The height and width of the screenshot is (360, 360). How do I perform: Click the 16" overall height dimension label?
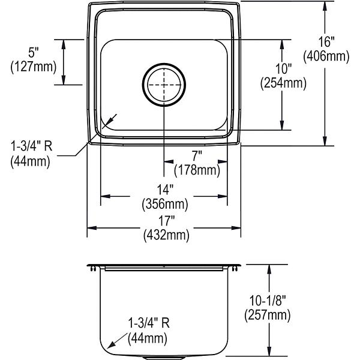[326, 42]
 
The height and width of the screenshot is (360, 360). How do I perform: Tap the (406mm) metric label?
[326, 56]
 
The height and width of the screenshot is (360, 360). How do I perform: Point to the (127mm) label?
[33, 67]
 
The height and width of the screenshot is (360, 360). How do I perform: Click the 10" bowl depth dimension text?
[283, 68]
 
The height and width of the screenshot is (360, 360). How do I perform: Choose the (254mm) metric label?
[283, 83]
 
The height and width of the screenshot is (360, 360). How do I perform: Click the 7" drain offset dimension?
[197, 156]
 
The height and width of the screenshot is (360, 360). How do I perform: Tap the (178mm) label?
[197, 170]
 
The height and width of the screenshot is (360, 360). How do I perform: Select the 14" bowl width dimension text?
[165, 190]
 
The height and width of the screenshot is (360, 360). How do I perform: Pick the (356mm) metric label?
[165, 204]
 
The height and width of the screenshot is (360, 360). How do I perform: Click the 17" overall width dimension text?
[166, 221]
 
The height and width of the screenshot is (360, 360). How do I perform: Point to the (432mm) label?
[166, 235]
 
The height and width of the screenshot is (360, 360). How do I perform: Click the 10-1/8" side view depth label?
[268, 301]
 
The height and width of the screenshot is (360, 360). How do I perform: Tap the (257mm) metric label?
[268, 315]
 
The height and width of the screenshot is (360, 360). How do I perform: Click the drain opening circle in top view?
[164, 85]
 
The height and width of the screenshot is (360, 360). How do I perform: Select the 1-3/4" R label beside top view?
[32, 146]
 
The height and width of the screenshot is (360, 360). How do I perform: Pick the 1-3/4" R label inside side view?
[149, 323]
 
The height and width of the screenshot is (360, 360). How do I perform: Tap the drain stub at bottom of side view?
[164, 358]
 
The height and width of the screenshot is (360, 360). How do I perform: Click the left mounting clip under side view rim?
[93, 269]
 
